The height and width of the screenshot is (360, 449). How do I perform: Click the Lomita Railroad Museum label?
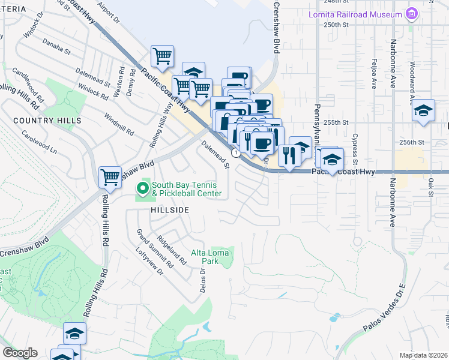(x=355, y=14)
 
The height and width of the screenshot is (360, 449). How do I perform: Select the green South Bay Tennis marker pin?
(x=143, y=189)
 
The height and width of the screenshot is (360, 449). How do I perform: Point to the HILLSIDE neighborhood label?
(x=169, y=210)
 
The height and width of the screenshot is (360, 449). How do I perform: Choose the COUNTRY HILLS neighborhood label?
(x=47, y=121)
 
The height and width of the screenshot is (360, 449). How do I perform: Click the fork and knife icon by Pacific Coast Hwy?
(x=290, y=155)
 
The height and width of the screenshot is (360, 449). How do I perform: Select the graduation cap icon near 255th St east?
(x=423, y=110)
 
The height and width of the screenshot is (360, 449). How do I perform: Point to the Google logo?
(x=20, y=353)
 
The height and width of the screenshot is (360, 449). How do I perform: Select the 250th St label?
(x=336, y=25)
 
